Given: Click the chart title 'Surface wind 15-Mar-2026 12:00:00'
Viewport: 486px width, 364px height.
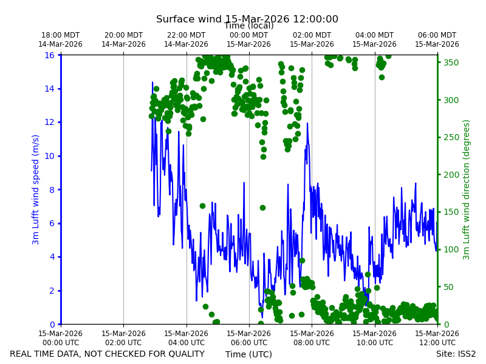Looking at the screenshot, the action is (x=247, y=19).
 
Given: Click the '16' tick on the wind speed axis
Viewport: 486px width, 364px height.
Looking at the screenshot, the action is (x=50, y=55).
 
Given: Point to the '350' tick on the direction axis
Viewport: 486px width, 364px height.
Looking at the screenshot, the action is (x=451, y=62).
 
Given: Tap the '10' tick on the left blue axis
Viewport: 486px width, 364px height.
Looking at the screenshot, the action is (x=50, y=156).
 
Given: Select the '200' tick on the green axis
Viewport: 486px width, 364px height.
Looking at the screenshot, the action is (x=451, y=175).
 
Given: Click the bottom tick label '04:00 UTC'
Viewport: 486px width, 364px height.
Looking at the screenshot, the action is (x=187, y=343).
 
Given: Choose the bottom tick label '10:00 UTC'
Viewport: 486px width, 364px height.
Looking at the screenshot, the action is (x=375, y=343).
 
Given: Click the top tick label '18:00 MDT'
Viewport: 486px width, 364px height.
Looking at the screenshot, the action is (x=60, y=35).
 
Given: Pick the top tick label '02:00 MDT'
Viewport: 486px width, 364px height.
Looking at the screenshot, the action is (x=312, y=35).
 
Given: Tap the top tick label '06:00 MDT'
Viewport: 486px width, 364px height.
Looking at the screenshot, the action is (x=437, y=35).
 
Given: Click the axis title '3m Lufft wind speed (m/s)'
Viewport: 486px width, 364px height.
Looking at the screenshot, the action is (x=35, y=189).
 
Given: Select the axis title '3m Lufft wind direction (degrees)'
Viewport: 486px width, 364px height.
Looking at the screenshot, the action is (x=466, y=190).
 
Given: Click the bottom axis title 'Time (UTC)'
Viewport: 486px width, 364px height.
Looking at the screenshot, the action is (x=248, y=354).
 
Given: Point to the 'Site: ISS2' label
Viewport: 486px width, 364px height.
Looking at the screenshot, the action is (x=456, y=354).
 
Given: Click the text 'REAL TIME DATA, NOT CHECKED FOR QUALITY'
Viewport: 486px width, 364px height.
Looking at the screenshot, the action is (x=108, y=354).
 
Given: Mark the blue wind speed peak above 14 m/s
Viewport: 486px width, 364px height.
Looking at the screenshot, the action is (x=152, y=83).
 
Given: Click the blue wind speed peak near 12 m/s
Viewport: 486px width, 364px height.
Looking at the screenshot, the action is (x=307, y=123).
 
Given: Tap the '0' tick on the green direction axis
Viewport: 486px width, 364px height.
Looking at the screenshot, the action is (x=446, y=325).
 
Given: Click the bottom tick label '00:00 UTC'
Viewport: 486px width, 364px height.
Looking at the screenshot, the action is (x=61, y=343).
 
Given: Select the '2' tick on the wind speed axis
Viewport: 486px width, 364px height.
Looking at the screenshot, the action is (x=52, y=291).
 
